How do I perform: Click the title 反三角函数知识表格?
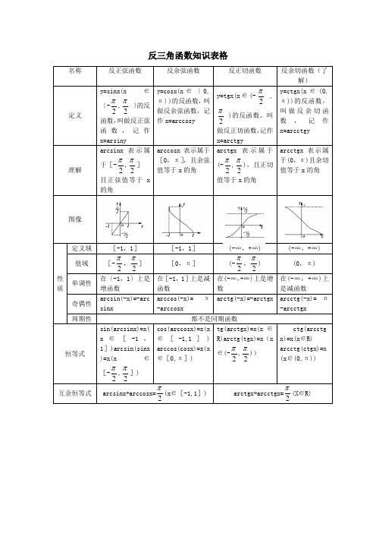click(x=188, y=56)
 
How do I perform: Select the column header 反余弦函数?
click(x=183, y=71)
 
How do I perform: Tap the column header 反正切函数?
click(x=245, y=71)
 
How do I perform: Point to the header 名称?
click(x=74, y=71)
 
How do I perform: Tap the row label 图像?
click(x=74, y=219)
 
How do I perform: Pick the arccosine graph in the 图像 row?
click(x=183, y=219)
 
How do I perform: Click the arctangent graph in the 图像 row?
click(x=245, y=219)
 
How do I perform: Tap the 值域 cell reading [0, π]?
click(x=183, y=263)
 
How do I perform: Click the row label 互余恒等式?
click(x=74, y=393)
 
